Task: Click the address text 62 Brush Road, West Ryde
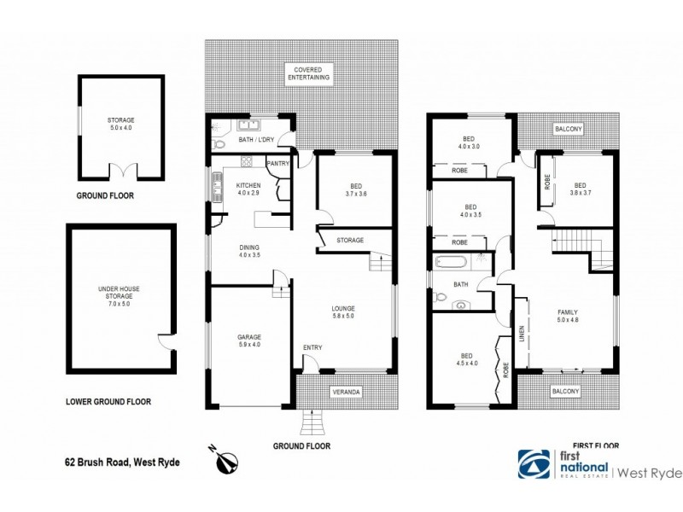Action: coord(123,463)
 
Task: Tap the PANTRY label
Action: coord(278,163)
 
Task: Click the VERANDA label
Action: coord(347,392)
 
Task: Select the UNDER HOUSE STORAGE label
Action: coord(118,295)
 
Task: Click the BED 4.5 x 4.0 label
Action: coord(466,360)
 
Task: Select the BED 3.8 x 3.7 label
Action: coord(581,189)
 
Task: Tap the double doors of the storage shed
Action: coord(121,172)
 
